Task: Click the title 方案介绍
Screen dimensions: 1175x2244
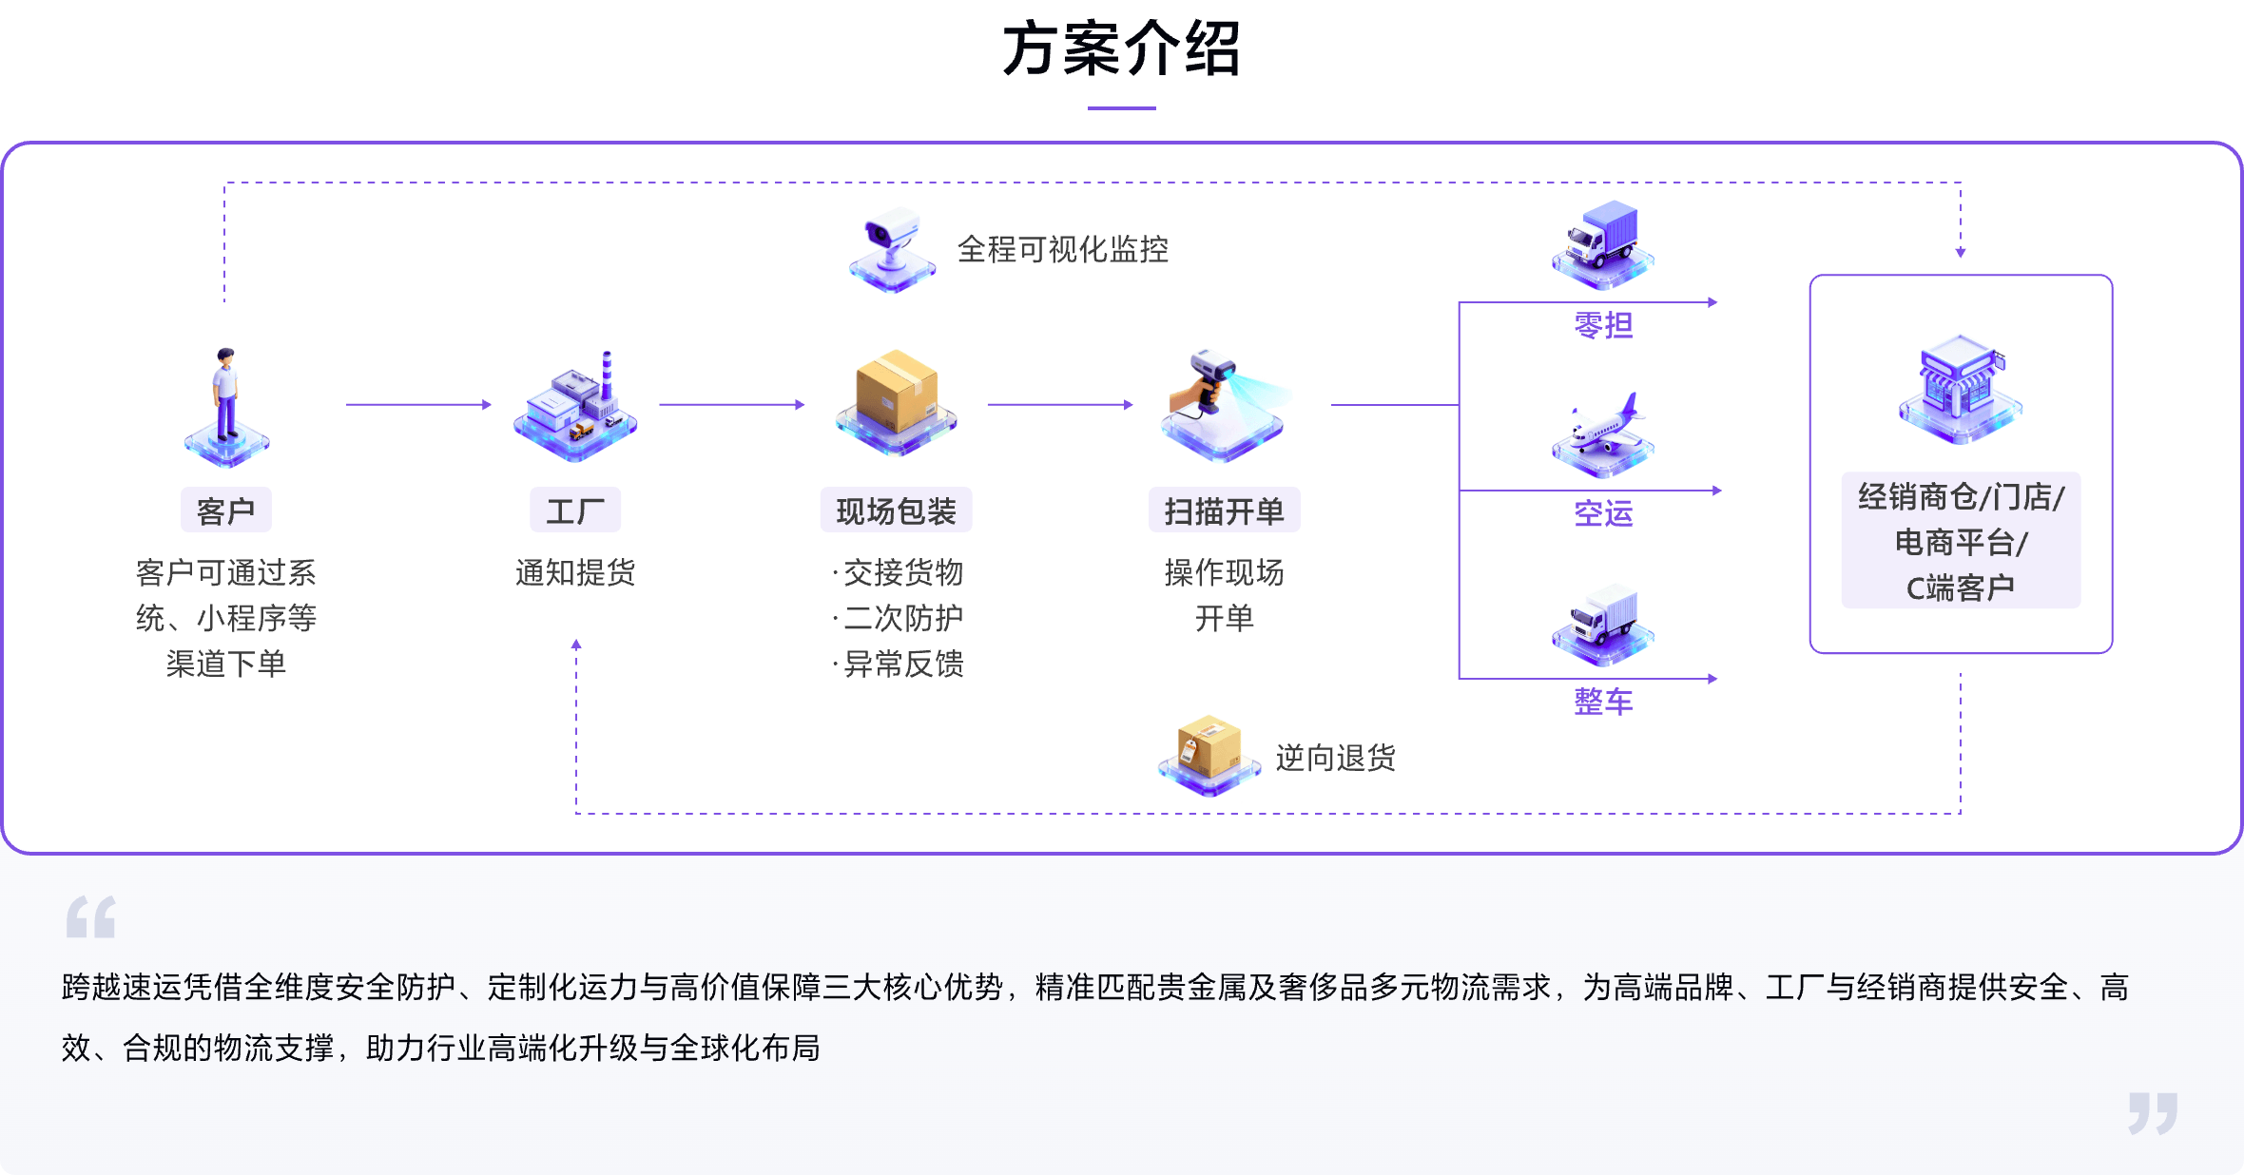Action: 1122,49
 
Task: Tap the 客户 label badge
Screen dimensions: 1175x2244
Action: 226,511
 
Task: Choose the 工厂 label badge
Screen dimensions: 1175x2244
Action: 575,511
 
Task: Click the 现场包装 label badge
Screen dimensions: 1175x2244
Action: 896,511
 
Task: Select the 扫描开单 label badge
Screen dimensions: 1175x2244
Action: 1224,511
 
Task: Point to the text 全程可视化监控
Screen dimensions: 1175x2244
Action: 1062,249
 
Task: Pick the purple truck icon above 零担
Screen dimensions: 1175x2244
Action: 1603,242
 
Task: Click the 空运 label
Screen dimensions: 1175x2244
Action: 1603,513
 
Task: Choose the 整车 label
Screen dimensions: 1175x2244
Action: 1603,702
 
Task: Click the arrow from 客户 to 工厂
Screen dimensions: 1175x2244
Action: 418,405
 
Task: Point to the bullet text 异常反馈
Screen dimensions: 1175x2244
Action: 903,664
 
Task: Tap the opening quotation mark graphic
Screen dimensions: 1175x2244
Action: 91,916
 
